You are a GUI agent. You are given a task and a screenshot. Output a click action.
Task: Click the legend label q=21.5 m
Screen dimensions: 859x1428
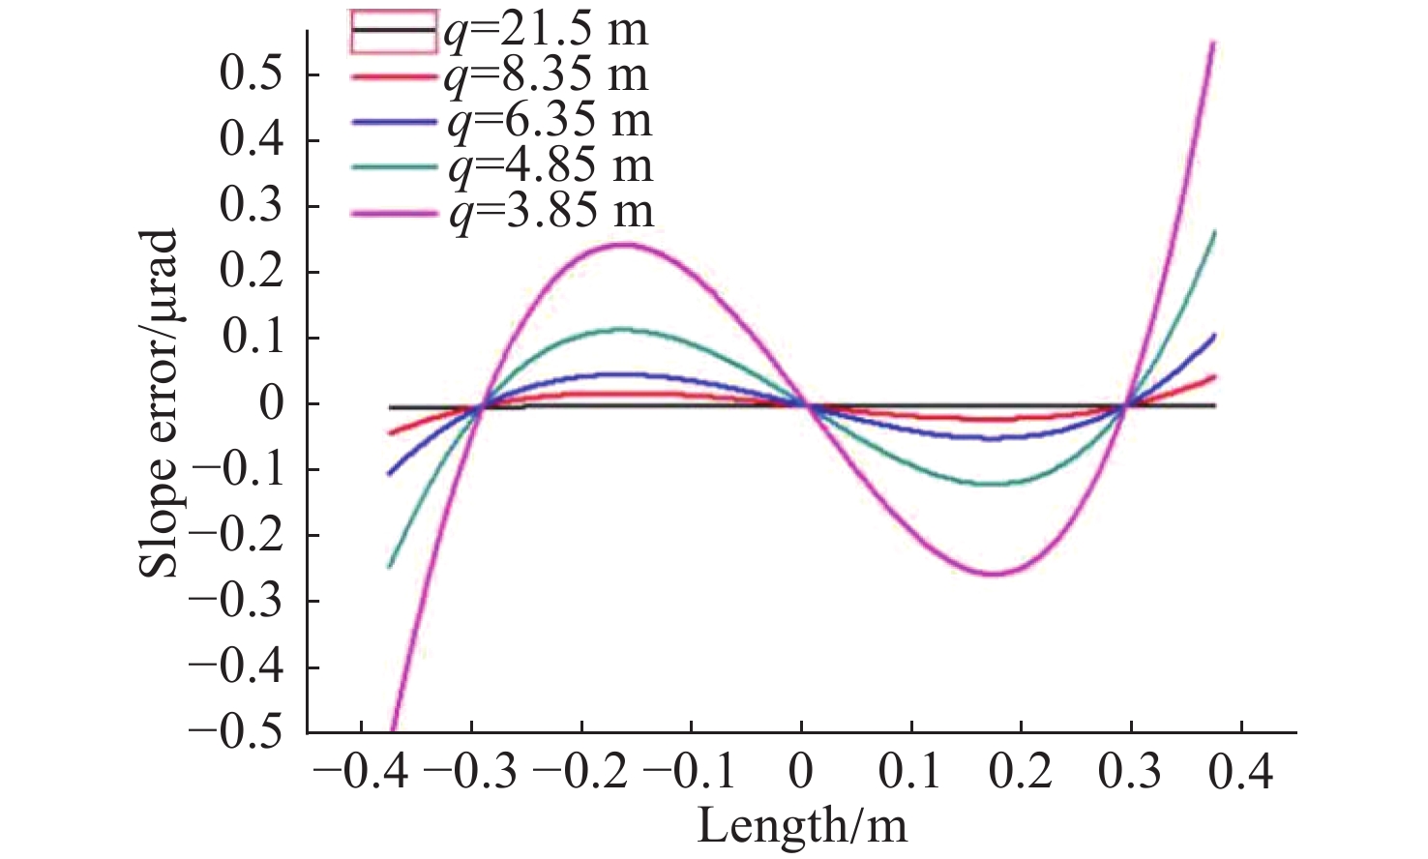tap(546, 29)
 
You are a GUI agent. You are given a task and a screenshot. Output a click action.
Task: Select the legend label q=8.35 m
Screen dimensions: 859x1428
tap(546, 74)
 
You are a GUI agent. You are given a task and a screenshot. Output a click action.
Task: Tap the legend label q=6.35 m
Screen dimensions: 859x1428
tap(549, 120)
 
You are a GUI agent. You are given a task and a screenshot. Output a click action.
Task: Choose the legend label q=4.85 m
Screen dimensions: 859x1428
tap(549, 165)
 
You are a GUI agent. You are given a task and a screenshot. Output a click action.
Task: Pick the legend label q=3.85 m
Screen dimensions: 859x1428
tap(549, 211)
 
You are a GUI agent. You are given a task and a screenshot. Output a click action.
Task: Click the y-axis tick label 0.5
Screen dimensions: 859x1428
tap(253, 74)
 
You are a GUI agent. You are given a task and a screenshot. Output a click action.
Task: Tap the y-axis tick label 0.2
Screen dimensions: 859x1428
tap(253, 272)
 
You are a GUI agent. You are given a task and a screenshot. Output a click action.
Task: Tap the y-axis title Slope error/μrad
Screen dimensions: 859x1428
tap(159, 403)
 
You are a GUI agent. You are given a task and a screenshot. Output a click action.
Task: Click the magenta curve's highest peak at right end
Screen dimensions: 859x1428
tap(1213, 44)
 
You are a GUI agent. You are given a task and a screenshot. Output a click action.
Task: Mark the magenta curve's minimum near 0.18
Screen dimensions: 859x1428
tap(994, 575)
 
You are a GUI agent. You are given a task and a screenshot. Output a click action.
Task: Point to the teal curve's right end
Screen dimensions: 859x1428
tap(1214, 232)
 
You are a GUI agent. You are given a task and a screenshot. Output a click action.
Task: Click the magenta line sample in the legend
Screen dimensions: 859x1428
tap(395, 211)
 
